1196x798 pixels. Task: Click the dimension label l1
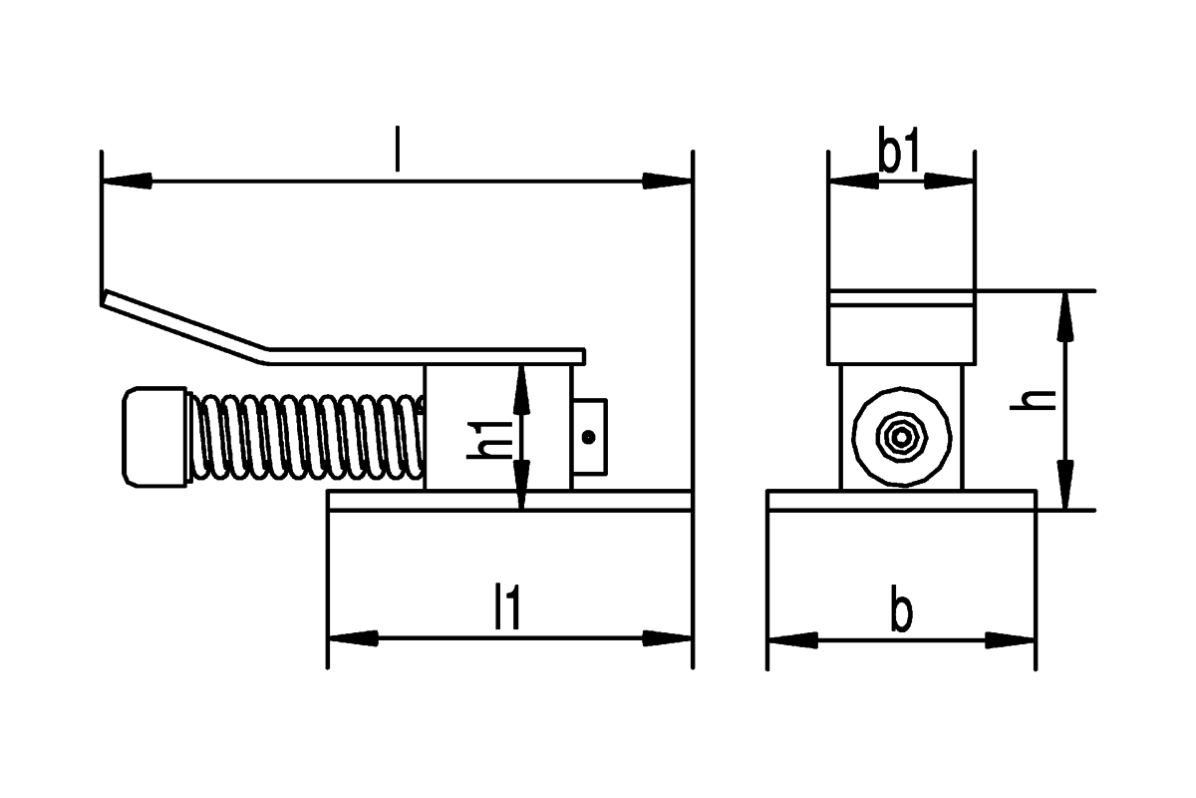(506, 606)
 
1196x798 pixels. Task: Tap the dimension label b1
(900, 150)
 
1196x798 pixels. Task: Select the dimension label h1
(490, 440)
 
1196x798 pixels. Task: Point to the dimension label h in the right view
(1034, 400)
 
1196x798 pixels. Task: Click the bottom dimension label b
(901, 608)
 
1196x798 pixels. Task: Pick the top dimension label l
(397, 149)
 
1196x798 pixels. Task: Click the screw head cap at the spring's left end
(154, 437)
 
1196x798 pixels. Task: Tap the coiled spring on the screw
(307, 437)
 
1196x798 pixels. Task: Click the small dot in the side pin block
(588, 437)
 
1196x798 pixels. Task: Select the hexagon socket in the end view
(901, 437)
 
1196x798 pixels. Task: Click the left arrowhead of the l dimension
(127, 181)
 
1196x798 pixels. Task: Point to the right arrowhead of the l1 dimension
(668, 638)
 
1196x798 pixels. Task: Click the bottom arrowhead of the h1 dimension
(521, 485)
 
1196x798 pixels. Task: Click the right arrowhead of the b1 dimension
(950, 181)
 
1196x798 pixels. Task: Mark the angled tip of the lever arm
(104, 297)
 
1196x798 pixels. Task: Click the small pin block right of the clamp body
(589, 437)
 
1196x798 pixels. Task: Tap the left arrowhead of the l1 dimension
(354, 638)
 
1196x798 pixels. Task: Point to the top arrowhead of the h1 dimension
(521, 390)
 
